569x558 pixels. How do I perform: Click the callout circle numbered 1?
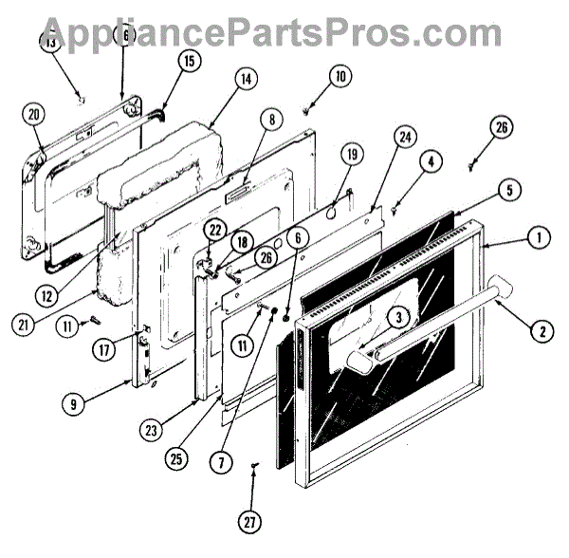[x=538, y=238]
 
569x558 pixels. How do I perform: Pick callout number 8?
[x=272, y=120]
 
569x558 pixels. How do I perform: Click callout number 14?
[x=244, y=81]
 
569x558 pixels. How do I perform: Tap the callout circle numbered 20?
[x=34, y=115]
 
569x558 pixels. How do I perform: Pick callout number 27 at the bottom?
[x=248, y=521]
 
